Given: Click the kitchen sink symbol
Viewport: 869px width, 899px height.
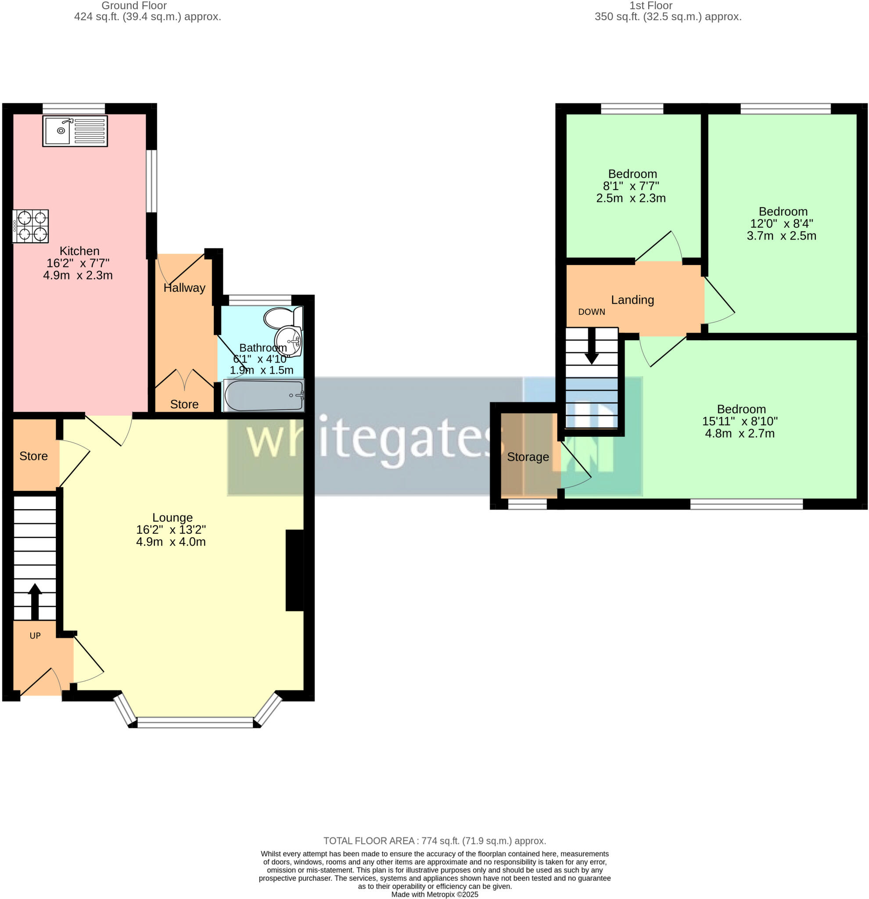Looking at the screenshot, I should click(x=75, y=131).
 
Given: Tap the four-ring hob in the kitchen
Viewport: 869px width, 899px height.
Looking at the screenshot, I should click(x=30, y=226).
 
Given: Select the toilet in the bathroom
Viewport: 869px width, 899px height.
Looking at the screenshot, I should click(x=282, y=317).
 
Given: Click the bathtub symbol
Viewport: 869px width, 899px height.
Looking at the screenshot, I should click(x=264, y=396).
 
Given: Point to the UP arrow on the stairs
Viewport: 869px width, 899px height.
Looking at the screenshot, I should click(x=35, y=601).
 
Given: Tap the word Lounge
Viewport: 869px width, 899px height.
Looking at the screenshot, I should click(x=172, y=518).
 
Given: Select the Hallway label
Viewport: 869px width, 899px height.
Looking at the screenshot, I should click(x=184, y=288).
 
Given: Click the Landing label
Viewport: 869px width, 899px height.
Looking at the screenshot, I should click(x=632, y=299).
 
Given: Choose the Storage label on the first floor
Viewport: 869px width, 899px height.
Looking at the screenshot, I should click(x=528, y=457).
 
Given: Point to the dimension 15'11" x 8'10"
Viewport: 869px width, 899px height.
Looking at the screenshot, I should click(x=740, y=421).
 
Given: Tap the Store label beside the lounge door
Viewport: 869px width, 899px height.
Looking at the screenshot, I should click(x=33, y=456).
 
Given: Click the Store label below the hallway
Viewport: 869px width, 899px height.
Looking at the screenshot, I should click(x=184, y=404).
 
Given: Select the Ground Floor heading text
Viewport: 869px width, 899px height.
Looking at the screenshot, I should click(x=134, y=6).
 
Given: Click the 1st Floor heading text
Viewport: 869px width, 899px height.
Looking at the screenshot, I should click(x=651, y=6).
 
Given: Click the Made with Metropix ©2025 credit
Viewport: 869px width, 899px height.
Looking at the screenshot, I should click(x=434, y=895).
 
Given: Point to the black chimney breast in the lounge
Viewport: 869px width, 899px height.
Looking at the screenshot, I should click(x=294, y=570).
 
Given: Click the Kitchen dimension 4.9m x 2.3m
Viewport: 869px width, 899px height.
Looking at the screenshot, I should click(x=78, y=275).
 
